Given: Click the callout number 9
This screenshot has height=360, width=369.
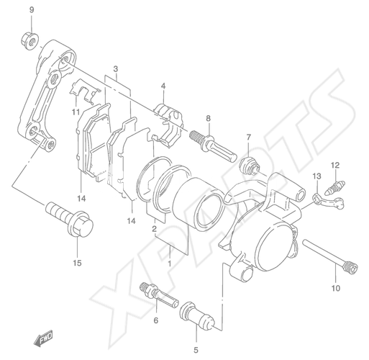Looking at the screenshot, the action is click(32, 10).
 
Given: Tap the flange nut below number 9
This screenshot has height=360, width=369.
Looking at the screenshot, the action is click(29, 41).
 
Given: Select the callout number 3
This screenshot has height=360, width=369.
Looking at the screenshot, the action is click(116, 69).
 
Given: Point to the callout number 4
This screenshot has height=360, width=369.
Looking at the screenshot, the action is click(163, 86).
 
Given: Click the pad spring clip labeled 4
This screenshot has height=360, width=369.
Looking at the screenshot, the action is click(168, 125).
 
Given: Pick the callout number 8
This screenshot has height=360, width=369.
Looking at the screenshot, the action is click(208, 118).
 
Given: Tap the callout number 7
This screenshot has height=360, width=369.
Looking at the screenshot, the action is click(249, 138).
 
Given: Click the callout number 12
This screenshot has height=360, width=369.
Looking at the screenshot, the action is click(335, 165).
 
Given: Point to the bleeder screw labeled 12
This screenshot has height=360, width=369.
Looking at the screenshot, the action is click(335, 186).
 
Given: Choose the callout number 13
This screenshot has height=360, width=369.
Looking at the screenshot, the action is click(316, 176).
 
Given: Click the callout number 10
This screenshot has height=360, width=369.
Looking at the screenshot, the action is click(336, 288).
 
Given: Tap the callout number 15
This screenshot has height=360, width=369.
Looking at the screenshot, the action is click(78, 263).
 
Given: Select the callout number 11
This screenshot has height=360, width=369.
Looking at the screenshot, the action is click(76, 112).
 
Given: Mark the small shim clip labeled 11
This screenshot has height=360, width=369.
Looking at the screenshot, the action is click(85, 91).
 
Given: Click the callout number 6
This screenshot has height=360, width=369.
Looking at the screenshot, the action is click(156, 320).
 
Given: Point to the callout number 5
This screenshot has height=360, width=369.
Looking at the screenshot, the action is click(196, 350).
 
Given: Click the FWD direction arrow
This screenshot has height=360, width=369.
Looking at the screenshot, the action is click(43, 338).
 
